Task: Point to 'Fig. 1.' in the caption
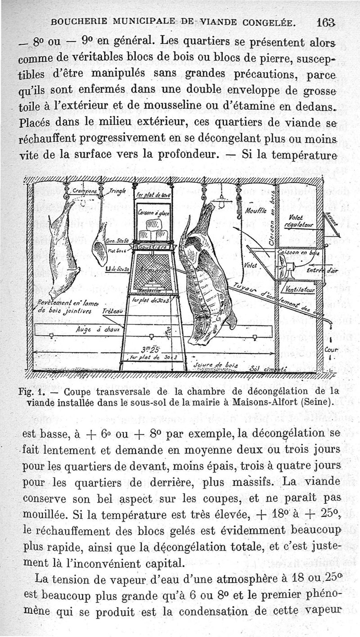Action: pos(31,391)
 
